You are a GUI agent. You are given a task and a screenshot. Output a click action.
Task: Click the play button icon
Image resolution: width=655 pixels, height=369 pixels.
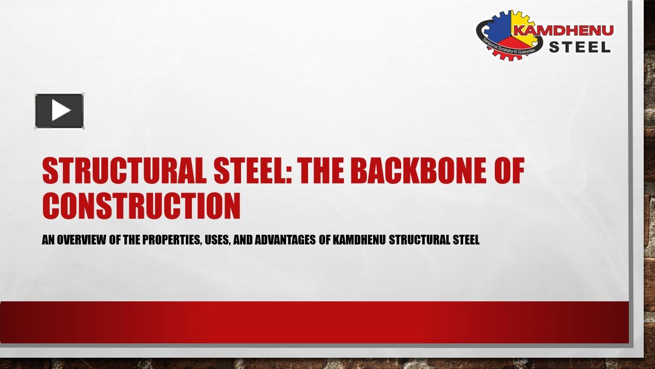point(59,111)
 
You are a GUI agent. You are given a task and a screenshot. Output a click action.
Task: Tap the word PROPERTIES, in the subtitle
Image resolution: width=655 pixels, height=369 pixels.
point(172,240)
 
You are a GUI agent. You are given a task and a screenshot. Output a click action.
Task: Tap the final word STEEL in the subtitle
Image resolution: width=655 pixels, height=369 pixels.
point(466,240)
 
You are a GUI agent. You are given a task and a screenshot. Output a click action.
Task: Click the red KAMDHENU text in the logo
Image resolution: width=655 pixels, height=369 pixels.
point(563,30)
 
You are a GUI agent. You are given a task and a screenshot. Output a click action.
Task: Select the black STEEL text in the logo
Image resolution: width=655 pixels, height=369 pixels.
point(580,47)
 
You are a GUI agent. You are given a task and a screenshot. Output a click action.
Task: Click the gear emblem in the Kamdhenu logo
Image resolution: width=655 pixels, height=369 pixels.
point(504,35)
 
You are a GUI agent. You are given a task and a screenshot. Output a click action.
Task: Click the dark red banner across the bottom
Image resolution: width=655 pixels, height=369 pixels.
point(314,322)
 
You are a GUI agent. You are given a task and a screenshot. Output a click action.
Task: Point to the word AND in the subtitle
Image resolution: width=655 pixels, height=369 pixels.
point(243,240)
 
